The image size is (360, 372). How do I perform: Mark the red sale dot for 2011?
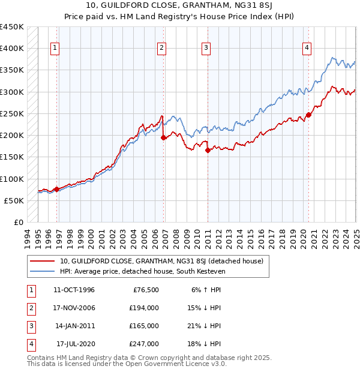click(208, 151)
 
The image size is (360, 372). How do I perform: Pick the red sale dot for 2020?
click(308, 115)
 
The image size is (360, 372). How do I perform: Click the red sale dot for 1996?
click(56, 189)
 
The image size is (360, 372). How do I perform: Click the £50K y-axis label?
click(14, 200)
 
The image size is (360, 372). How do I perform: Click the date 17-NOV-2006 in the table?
click(74, 308)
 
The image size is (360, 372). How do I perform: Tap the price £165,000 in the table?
click(145, 326)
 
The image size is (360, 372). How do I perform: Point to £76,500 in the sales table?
click(146, 290)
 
